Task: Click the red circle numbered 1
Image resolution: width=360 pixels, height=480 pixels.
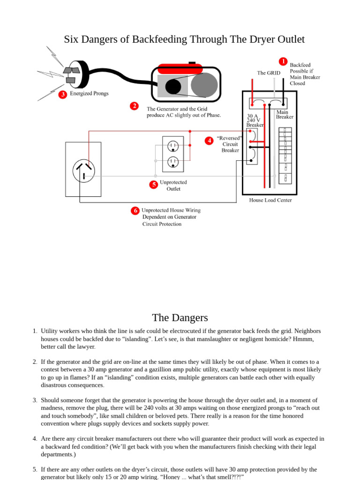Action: [x=283, y=61]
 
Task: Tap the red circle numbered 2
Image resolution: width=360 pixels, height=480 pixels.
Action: [x=134, y=106]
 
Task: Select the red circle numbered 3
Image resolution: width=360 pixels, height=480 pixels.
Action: [x=62, y=94]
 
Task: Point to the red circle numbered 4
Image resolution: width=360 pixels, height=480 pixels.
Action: [x=209, y=141]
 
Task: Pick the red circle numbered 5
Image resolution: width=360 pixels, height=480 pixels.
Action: [x=153, y=185]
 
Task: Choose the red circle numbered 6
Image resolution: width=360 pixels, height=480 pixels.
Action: [x=135, y=210]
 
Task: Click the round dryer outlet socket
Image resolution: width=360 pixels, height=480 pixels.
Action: [x=83, y=171]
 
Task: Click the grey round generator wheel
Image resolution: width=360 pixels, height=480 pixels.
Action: [x=204, y=85]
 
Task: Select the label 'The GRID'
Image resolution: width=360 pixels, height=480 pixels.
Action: [x=269, y=73]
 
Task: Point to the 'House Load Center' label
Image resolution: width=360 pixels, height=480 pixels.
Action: [x=270, y=200]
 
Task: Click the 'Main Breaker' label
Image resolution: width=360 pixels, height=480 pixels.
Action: [x=284, y=114]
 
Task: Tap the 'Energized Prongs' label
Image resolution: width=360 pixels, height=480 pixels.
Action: [x=89, y=93]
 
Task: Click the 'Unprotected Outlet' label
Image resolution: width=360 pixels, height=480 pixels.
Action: [x=173, y=186]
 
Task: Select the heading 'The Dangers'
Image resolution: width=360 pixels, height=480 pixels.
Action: [x=180, y=317]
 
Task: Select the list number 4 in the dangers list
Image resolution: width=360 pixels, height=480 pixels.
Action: [x=35, y=439]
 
